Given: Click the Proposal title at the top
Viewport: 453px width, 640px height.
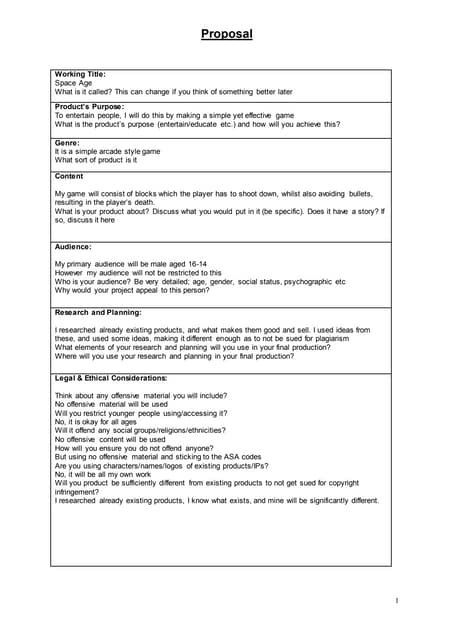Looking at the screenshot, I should (226, 34).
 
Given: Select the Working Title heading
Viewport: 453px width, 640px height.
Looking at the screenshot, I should (80, 74).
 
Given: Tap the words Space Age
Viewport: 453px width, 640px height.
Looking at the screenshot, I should (73, 82).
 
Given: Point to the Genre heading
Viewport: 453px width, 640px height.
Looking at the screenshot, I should (67, 143).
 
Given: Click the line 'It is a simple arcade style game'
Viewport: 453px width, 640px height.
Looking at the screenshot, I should (107, 151).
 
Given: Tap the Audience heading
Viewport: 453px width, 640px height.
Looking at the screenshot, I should (73, 246).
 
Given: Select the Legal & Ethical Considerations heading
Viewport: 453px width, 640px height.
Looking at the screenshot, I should (111, 378).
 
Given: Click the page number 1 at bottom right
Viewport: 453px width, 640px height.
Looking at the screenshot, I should (396, 600).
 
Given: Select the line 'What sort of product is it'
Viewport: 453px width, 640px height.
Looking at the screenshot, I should (96, 160).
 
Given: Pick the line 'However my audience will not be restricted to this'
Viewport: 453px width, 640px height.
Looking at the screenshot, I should (138, 272).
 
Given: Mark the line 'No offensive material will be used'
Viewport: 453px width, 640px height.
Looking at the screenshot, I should (118, 404).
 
